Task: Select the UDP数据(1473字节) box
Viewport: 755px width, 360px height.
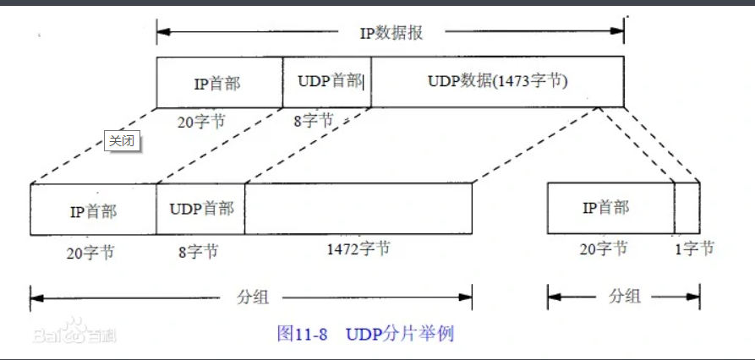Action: (497, 82)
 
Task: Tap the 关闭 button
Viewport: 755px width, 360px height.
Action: (121, 141)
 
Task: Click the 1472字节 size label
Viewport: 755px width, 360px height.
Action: (358, 249)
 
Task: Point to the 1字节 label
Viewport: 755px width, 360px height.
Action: (695, 248)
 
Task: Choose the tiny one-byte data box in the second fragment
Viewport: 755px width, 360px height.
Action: (687, 209)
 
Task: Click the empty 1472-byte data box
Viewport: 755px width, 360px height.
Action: (358, 209)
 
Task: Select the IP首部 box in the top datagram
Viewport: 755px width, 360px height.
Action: (219, 82)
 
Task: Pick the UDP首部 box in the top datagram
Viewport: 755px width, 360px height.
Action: (327, 81)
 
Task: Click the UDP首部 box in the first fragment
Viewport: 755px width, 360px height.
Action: (200, 209)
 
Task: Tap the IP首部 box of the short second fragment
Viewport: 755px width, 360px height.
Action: (610, 209)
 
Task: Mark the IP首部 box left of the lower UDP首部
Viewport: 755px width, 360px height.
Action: (93, 210)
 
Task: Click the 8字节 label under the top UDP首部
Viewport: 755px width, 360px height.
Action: (315, 121)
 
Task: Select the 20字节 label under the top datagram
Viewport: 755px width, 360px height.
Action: (201, 121)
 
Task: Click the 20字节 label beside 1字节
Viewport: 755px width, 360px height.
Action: (603, 248)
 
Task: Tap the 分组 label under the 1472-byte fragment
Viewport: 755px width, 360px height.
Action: (249, 297)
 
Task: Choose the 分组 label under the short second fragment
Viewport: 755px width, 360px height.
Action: (623, 297)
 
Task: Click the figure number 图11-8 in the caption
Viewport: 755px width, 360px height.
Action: (303, 333)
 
